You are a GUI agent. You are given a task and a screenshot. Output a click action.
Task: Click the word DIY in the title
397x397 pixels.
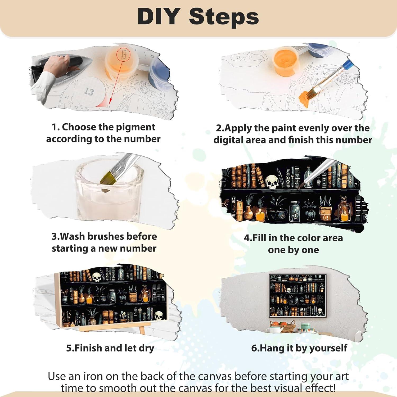[x=159, y=16]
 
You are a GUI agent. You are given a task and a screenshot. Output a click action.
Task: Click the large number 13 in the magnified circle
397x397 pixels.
[x=89, y=91]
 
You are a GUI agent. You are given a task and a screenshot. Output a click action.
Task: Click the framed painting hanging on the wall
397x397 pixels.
[x=297, y=296]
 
